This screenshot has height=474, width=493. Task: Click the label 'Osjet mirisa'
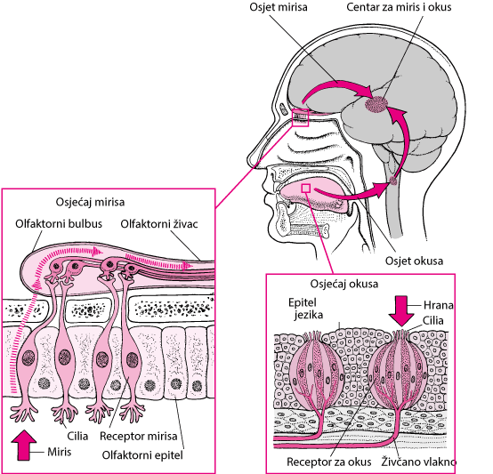279,7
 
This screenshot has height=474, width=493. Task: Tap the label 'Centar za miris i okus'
399,7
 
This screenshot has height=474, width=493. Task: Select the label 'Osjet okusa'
414,261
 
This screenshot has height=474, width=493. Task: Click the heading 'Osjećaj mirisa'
90,202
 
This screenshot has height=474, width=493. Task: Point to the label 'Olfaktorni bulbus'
59,223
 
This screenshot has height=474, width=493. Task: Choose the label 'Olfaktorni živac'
159,224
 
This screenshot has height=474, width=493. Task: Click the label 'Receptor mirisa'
138,436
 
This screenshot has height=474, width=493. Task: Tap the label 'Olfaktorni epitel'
142,455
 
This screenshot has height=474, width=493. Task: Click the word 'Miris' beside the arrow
60,452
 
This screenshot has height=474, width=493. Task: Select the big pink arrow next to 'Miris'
23,446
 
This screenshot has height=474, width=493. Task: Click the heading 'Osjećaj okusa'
344,284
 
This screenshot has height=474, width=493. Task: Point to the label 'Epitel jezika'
305,309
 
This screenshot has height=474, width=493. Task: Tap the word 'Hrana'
439,305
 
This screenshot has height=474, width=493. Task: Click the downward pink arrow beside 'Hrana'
400,311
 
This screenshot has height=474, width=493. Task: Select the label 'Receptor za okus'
329,462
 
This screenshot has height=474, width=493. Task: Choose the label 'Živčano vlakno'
419,462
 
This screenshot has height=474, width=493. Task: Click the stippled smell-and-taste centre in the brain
376,104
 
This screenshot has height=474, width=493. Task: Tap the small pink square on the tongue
306,189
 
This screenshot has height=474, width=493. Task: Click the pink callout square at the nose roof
300,117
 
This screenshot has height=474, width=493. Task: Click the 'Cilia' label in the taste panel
433,320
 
